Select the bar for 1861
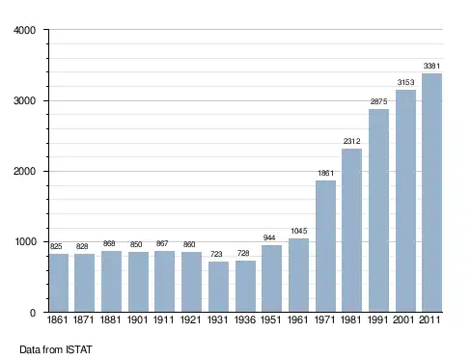click(x=59, y=283)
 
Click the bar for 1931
click(x=218, y=287)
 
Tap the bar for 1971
click(x=325, y=246)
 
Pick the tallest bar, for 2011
click(x=431, y=193)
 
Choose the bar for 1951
click(x=271, y=279)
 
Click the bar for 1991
click(x=378, y=210)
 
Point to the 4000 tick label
click(x=24, y=30)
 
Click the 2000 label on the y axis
click(x=24, y=171)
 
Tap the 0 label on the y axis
click(x=33, y=313)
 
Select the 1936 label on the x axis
click(x=245, y=319)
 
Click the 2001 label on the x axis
click(x=403, y=319)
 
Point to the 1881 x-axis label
click(x=110, y=319)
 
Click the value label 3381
click(x=431, y=66)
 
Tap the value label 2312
click(x=351, y=141)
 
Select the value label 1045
click(x=299, y=231)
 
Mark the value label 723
click(x=216, y=254)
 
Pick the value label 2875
click(x=378, y=101)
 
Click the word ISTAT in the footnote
click(x=79, y=349)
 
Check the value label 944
click(x=269, y=237)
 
